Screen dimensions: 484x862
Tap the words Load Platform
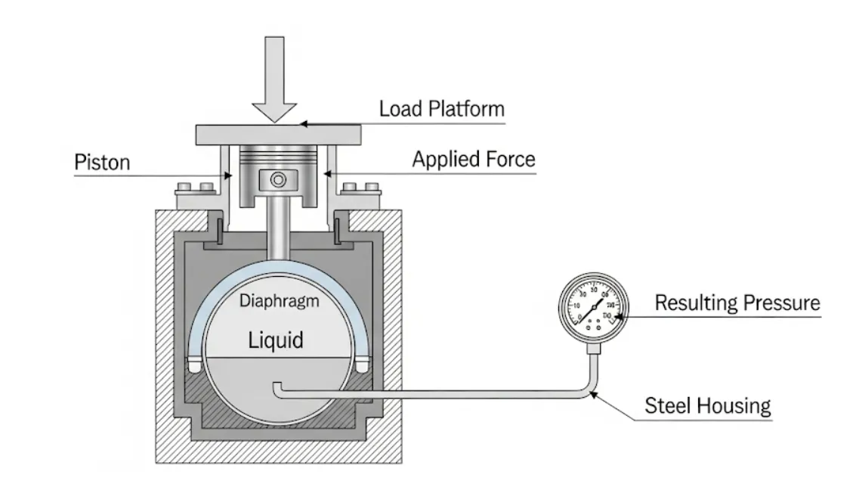coord(441,108)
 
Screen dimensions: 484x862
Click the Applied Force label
coord(473,160)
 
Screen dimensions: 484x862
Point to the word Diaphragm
coord(280,301)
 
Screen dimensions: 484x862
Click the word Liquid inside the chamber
coord(276,340)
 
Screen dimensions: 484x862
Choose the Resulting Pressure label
coord(737,303)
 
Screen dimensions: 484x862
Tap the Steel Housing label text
coord(707,406)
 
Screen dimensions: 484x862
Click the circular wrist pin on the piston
coord(277,181)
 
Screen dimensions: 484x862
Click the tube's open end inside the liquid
coord(277,387)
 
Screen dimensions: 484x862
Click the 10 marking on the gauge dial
coord(577,305)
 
